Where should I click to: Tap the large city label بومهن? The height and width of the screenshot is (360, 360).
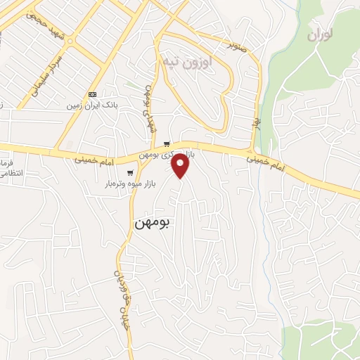coord(153,222)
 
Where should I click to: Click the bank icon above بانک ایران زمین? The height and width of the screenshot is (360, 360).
coord(93,95)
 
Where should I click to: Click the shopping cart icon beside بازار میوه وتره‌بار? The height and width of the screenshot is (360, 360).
coord(129,173)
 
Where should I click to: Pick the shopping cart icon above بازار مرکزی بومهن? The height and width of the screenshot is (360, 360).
coord(166,144)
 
